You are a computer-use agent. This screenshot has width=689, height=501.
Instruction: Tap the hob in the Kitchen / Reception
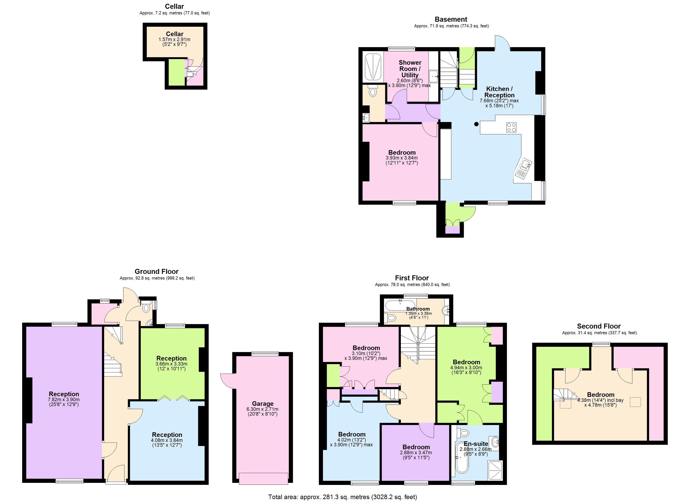point(511,127)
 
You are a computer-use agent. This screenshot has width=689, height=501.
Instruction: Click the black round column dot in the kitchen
point(476,124)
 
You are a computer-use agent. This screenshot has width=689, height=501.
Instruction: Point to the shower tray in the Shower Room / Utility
point(373,67)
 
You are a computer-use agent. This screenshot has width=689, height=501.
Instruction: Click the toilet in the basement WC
point(373,91)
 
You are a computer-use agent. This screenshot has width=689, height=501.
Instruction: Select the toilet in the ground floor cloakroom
point(146,307)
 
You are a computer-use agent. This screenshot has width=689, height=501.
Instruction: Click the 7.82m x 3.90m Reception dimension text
point(64,400)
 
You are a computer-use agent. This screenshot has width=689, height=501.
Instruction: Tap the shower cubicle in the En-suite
point(495,470)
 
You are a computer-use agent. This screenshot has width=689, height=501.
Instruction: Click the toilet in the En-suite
point(465,432)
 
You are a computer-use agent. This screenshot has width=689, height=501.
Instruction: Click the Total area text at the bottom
point(342,497)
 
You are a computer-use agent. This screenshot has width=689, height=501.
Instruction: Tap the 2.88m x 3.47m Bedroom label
point(416,447)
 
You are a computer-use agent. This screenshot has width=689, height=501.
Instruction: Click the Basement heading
point(451,19)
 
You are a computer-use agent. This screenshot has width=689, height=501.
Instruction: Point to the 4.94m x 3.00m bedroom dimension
point(466,368)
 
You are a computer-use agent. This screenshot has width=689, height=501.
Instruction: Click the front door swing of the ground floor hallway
point(115,474)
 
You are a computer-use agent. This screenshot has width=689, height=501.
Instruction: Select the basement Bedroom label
point(402,153)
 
